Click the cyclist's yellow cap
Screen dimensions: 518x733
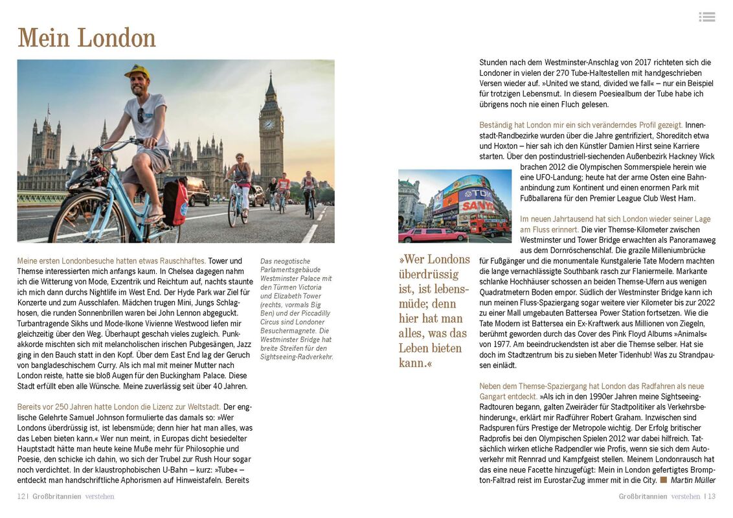tap(137, 71)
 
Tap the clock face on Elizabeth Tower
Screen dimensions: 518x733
tap(269, 124)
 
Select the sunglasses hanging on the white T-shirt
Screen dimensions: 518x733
tap(141, 115)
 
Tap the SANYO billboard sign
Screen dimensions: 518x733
tap(477, 206)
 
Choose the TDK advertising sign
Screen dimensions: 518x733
tap(477, 193)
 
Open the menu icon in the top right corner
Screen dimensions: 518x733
tap(707, 17)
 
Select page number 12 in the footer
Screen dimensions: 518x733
tap(21, 497)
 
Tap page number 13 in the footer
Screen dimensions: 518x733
tap(711, 497)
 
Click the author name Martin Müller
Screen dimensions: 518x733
tap(693, 480)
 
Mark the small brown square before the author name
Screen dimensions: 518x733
tap(663, 480)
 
